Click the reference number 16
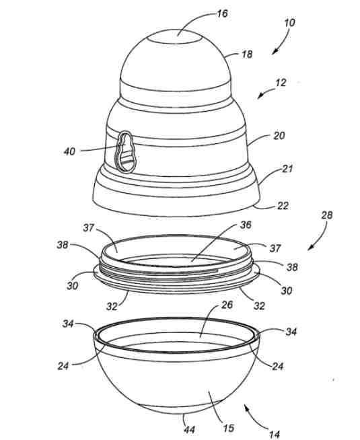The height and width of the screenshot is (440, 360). pyautogui.click(x=222, y=13)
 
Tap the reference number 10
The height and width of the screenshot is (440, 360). pyautogui.click(x=289, y=22)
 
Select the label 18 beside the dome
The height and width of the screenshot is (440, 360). pyautogui.click(x=247, y=54)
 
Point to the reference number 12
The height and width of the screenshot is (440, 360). pyautogui.click(x=281, y=83)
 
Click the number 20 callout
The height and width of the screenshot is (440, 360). pyautogui.click(x=279, y=136)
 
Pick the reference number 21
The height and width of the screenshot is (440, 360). pyautogui.click(x=287, y=169)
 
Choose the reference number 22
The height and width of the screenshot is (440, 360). pyautogui.click(x=282, y=206)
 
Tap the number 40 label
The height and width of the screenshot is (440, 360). pyautogui.click(x=69, y=151)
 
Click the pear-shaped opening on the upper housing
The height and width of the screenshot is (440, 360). pyautogui.click(x=126, y=152)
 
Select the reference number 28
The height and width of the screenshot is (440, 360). pyautogui.click(x=326, y=215)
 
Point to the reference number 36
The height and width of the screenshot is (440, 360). pyautogui.click(x=246, y=225)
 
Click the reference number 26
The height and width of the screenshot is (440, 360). pyautogui.click(x=227, y=305)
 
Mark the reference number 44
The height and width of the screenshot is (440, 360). pyautogui.click(x=189, y=430)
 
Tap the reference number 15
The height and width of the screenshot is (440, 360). pyautogui.click(x=228, y=428)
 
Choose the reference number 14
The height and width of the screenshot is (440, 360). pyautogui.click(x=274, y=435)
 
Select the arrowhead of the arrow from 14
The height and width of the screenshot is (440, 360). pyautogui.click(x=247, y=406)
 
